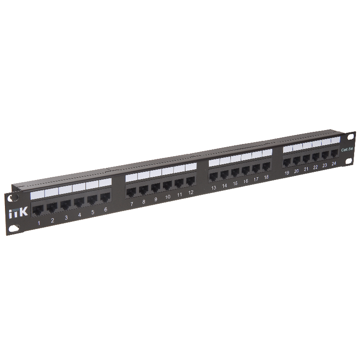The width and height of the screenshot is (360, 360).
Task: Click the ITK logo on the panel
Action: click(x=18, y=212)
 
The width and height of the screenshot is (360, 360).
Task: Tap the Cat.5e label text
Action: click(x=347, y=150)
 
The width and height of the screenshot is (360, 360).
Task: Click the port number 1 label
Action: click(x=39, y=223)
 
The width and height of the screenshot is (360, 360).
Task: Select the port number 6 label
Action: click(x=106, y=209)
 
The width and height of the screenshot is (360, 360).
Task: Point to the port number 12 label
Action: click(x=190, y=193)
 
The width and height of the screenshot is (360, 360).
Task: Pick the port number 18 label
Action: click(x=266, y=177)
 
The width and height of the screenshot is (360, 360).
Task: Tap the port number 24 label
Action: click(x=334, y=163)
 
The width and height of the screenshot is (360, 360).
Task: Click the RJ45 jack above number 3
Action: click(x=66, y=205)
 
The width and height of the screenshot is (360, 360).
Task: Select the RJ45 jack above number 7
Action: click(x=131, y=192)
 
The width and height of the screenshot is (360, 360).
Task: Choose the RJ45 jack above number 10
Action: click(x=167, y=185)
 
